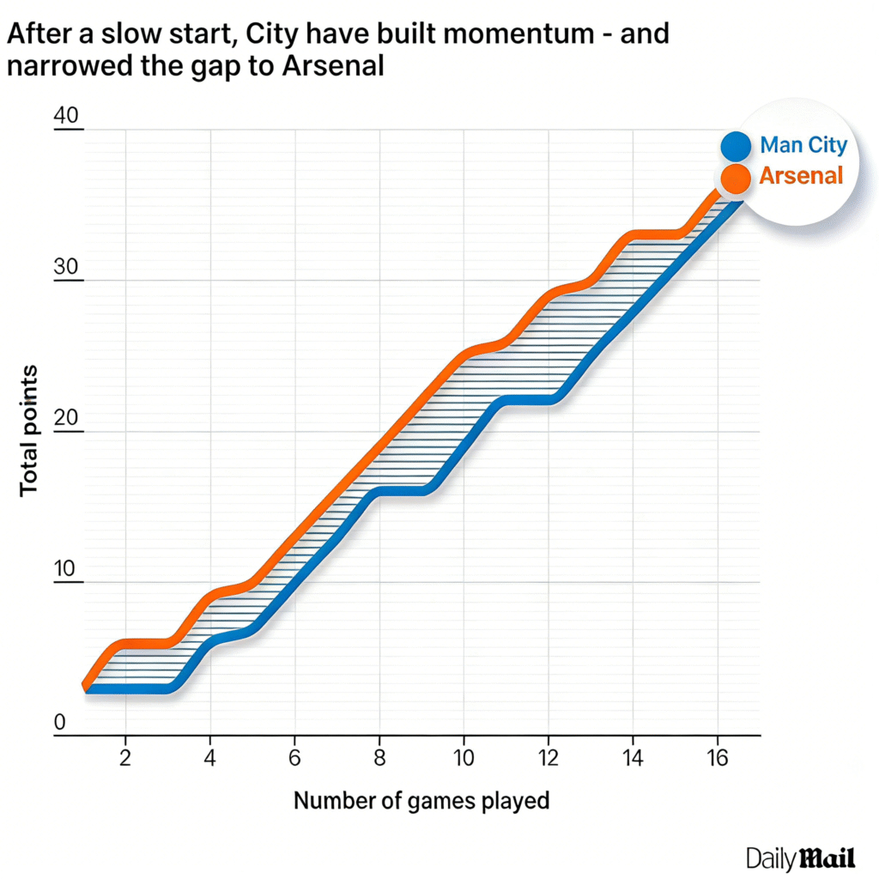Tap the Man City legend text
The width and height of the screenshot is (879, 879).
coord(803,145)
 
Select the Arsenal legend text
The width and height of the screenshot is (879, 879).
coord(801,176)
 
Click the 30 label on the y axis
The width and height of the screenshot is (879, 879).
coord(66,267)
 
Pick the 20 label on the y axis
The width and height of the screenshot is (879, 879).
coord(66,418)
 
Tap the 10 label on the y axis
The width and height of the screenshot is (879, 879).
coord(66,569)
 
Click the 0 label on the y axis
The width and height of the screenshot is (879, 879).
coord(59,722)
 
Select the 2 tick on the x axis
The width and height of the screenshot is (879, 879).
coord(126,758)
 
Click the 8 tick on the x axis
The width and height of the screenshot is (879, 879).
coord(379,758)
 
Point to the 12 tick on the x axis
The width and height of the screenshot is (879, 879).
coord(548,758)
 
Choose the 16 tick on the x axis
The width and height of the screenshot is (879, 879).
coord(717,758)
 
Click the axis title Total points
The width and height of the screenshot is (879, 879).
coord(29,430)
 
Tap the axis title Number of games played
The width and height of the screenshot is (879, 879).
coord(421,801)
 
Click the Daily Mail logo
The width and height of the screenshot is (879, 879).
coord(801,858)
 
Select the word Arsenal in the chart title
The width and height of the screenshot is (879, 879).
coord(332,66)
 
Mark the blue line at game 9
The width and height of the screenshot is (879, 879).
coord(421,490)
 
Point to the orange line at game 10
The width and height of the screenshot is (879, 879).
coord(464,354)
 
